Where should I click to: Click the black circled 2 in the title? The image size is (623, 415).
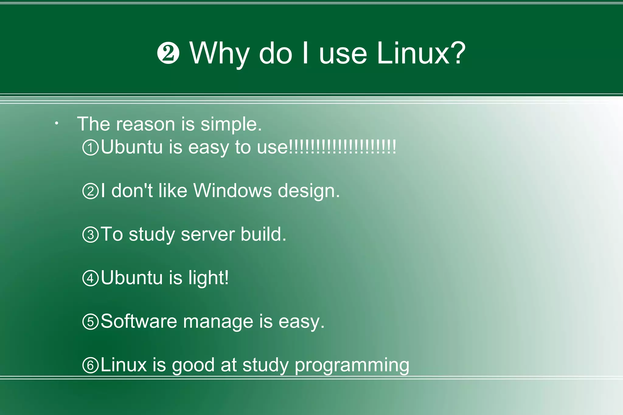pos(168,53)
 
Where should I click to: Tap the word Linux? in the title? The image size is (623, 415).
pos(421,53)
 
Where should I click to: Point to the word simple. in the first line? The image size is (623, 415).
pos(231,125)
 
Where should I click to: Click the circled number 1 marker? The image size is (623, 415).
pos(91,148)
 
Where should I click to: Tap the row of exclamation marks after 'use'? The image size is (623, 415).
pos(342,147)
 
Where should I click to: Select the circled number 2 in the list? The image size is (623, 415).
pos(91,192)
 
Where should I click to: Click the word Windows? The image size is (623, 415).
pos(232,191)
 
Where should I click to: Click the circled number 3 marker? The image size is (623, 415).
pos(91,235)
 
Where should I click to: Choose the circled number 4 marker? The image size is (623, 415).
pos(91,278)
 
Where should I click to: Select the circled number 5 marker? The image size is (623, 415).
pos(91,322)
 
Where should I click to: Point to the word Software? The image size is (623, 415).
pos(139,321)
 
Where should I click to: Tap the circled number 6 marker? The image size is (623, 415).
pos(91,365)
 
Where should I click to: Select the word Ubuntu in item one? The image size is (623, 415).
pos(132,147)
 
